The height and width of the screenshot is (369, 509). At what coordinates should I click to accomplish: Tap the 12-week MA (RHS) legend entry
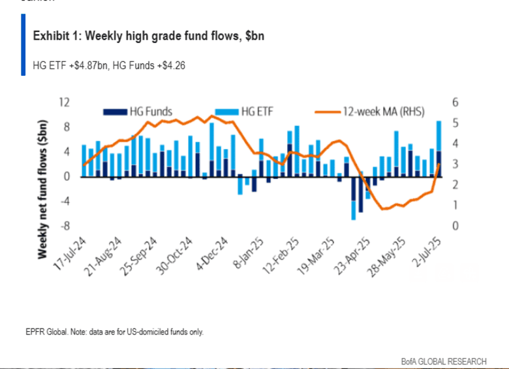382,112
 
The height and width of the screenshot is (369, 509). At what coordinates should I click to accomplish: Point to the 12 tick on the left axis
64,102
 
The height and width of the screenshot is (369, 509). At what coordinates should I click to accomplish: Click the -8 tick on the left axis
65,226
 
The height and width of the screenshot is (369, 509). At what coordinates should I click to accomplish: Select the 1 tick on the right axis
455,205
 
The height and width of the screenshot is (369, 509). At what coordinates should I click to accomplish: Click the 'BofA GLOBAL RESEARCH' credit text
444,361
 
